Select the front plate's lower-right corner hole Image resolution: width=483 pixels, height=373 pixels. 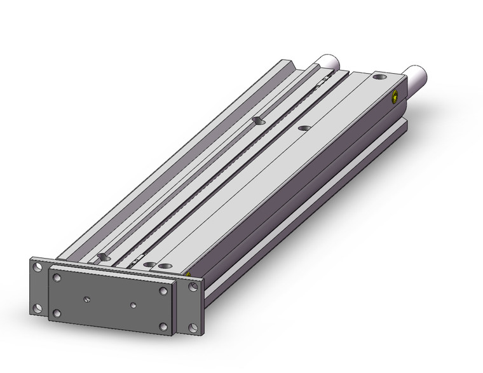pyautogui.click(x=165, y=329)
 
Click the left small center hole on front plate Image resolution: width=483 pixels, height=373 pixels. pyautogui.click(x=86, y=297)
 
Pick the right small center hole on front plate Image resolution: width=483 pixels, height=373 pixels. pyautogui.click(x=132, y=304)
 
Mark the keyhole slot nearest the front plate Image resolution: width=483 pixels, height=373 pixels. pyautogui.click(x=103, y=256)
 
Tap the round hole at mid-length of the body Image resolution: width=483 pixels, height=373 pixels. pyautogui.click(x=303, y=128)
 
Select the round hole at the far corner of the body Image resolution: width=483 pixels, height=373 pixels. pyautogui.click(x=380, y=77)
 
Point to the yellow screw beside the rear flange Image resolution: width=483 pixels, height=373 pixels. pyautogui.click(x=189, y=274)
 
